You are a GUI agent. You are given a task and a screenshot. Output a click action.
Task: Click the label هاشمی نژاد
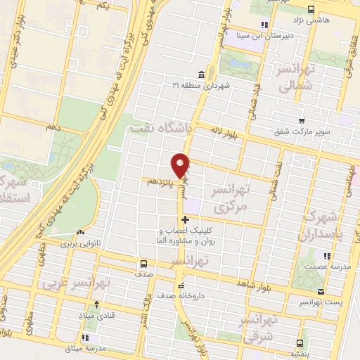(x=323, y=20)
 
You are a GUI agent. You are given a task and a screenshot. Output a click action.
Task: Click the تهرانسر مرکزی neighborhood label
(x=230, y=199)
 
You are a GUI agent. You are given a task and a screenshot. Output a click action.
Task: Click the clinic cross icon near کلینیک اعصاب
(x=185, y=220)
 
